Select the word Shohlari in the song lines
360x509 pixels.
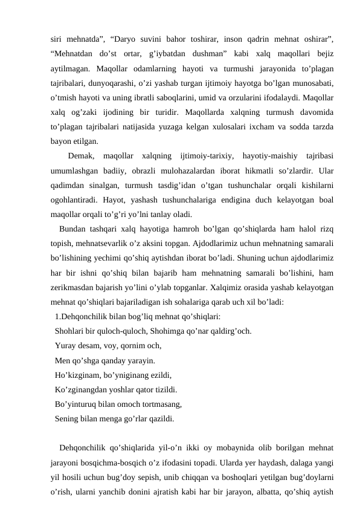(x=71, y=331)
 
